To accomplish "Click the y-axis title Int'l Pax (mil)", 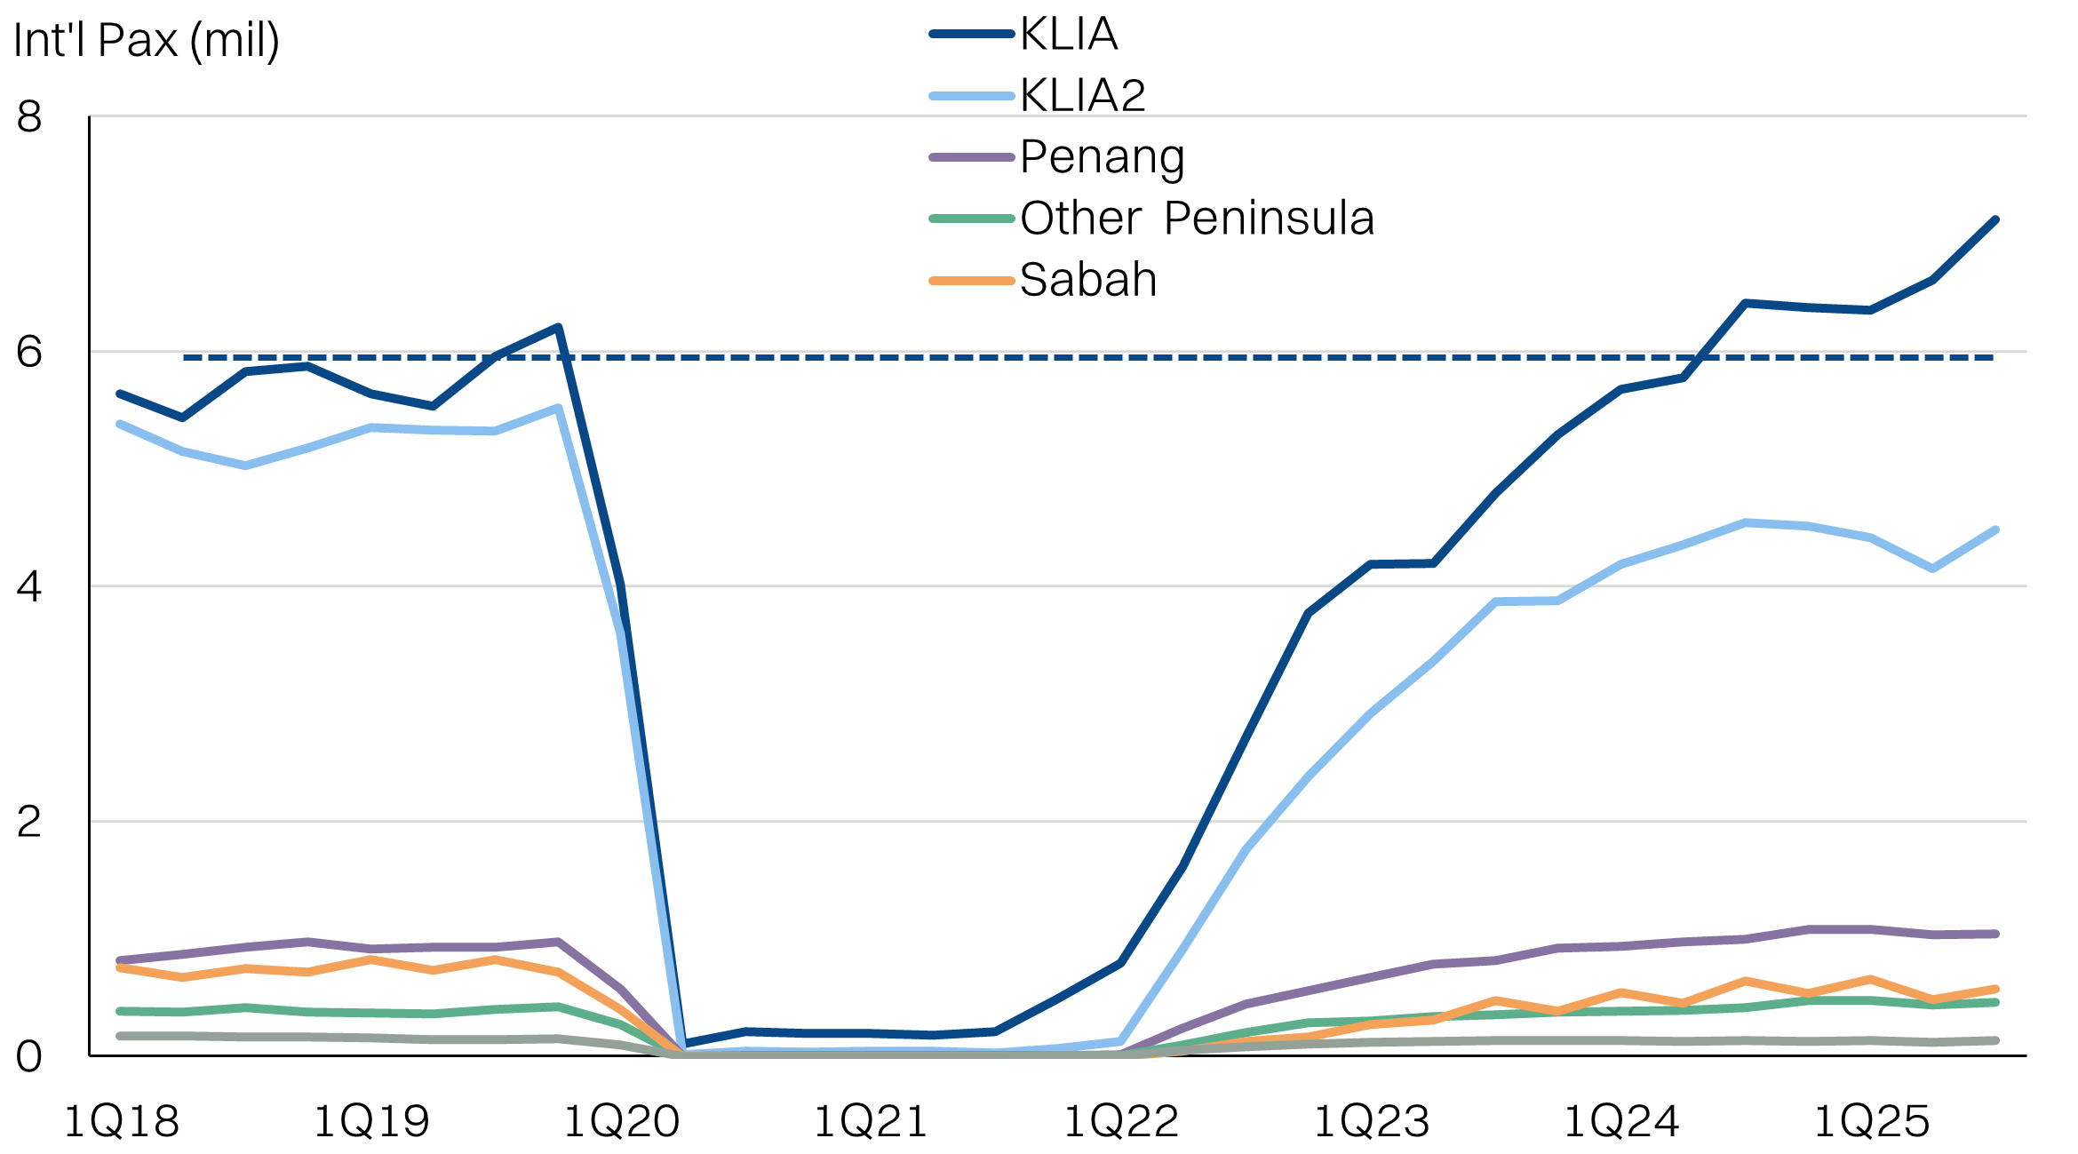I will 147,41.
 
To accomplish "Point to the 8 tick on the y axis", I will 29,116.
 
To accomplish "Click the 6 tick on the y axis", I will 29,352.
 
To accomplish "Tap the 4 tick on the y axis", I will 29,586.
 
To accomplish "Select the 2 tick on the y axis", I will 29,822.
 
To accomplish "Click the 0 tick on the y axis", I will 29,1056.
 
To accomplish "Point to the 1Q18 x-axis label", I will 122,1121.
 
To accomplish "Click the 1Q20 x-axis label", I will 622,1121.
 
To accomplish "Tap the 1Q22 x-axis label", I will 1121,1121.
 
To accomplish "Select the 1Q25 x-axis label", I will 1871,1121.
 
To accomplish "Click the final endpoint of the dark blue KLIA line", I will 1995,219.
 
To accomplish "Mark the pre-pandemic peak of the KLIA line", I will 558,327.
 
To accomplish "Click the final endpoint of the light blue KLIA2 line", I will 1995,530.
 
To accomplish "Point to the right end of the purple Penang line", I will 1995,934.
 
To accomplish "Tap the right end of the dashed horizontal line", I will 1993,357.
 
